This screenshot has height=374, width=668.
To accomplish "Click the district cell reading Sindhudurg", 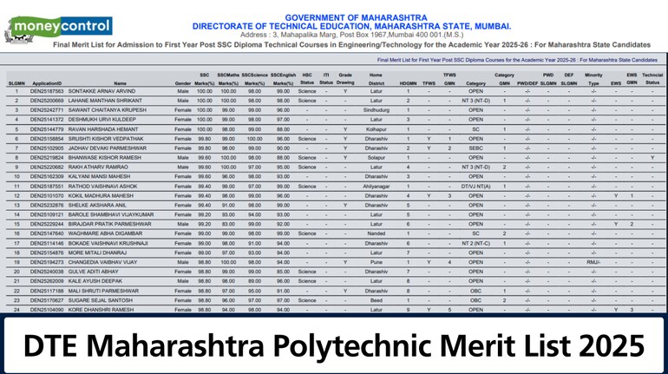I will click(x=376, y=110).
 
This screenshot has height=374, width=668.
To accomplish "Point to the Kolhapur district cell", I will click(x=376, y=129).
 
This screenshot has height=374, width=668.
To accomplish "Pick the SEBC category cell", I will click(x=475, y=148).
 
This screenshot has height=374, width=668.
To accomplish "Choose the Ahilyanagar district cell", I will click(x=376, y=186).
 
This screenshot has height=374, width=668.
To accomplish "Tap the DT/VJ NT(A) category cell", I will click(x=475, y=186).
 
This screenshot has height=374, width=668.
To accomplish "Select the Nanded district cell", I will click(x=376, y=233).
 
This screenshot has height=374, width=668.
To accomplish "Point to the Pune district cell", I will click(x=376, y=261).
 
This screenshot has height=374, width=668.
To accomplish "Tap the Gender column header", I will click(x=182, y=82).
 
